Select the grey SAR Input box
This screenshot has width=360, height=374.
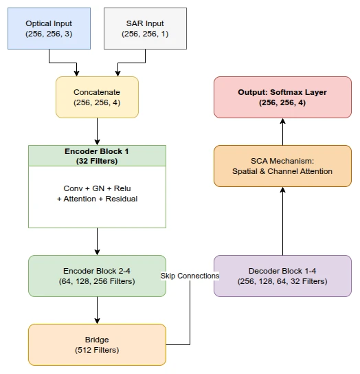(x=144, y=28)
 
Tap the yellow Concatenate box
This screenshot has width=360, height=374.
(x=97, y=97)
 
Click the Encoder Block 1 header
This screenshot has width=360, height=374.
(x=97, y=155)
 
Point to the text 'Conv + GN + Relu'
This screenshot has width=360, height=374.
(x=97, y=188)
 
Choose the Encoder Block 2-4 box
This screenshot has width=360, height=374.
(x=97, y=276)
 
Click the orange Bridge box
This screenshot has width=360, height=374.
(x=97, y=344)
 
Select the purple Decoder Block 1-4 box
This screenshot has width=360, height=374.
(x=282, y=276)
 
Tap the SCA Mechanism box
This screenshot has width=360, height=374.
(x=282, y=166)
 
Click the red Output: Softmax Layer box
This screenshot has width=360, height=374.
(x=282, y=97)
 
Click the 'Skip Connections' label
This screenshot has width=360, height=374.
(x=190, y=276)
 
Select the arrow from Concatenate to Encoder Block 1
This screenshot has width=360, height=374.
(x=97, y=131)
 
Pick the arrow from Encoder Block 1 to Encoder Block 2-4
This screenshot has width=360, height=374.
(x=97, y=241)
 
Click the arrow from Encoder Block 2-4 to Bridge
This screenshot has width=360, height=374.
(x=97, y=310)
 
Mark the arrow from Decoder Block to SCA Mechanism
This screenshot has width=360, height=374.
(x=282, y=221)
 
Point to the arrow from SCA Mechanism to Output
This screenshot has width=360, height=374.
(x=282, y=131)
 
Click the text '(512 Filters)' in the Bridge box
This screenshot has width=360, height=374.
(x=97, y=350)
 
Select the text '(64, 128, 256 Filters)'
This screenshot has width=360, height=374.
(x=97, y=281)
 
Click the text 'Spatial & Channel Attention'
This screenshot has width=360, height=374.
(x=282, y=171)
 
